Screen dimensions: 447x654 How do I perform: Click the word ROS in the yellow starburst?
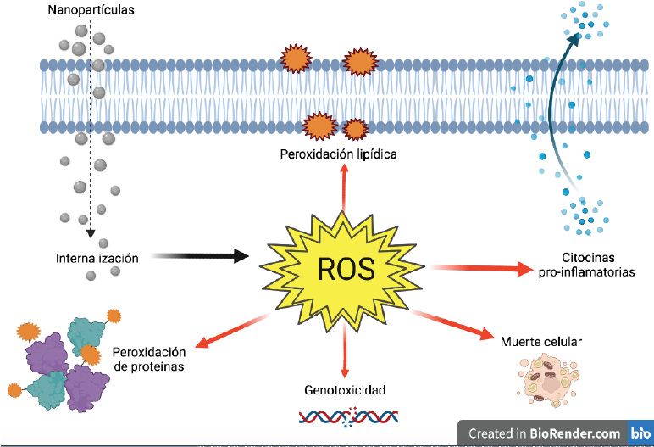(345, 269)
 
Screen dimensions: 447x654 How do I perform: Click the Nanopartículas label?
(80, 12)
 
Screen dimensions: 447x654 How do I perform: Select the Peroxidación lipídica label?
(339, 154)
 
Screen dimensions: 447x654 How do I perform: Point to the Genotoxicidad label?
(345, 391)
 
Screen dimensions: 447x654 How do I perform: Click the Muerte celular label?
(542, 344)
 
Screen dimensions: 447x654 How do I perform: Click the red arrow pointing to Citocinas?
(483, 268)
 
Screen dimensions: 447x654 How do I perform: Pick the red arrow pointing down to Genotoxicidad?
(344, 352)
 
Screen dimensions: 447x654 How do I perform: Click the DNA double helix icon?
(344, 416)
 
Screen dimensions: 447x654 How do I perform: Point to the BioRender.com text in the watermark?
(575, 433)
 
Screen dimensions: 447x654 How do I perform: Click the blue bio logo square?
(640, 433)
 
